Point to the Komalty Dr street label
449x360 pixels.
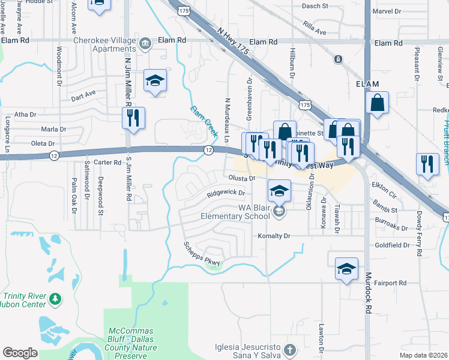[274, 236]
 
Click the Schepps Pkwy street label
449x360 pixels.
[202, 255]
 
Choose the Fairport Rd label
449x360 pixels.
[390, 283]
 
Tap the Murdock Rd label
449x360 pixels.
[367, 293]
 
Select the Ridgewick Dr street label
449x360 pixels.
[226, 193]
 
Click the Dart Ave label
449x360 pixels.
[83, 95]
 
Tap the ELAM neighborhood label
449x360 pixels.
[369, 85]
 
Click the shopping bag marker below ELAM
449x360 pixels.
[377, 103]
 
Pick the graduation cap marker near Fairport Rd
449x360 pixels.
[346, 269]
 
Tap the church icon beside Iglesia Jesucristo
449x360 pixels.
[290, 349]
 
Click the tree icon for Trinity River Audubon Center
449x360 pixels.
[55, 298]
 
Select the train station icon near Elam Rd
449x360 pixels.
[339, 59]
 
